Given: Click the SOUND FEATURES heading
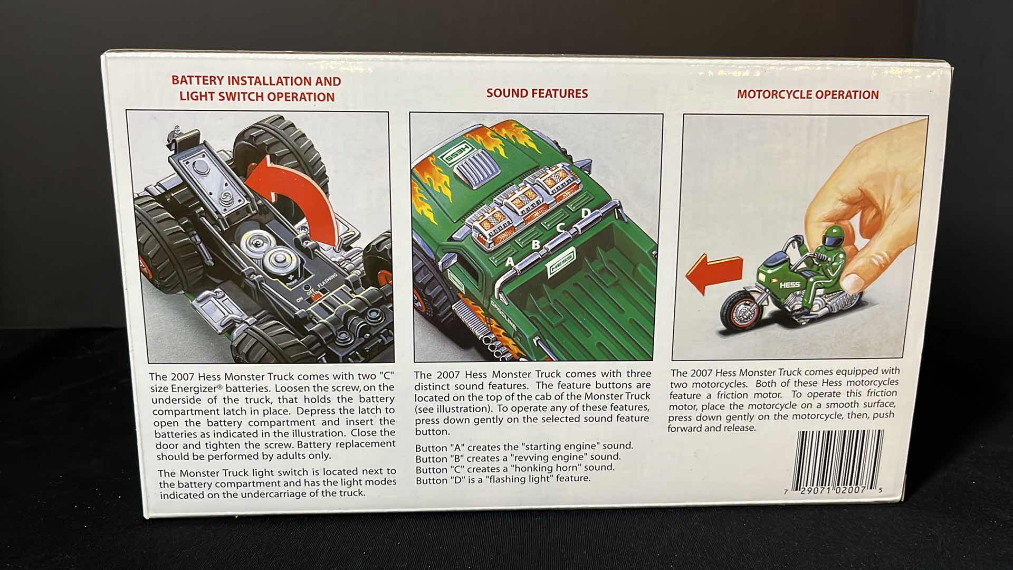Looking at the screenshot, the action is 537,93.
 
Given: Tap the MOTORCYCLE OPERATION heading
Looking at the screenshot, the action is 808,95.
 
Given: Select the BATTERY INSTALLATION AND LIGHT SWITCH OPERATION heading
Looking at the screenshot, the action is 256,89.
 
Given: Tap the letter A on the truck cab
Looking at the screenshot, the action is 510,261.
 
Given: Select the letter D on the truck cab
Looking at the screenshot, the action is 586,213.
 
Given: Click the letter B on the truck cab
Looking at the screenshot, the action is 536,245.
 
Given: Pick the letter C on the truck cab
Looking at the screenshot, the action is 560,228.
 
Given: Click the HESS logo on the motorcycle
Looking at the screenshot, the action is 790,285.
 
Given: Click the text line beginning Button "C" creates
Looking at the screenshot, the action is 514,468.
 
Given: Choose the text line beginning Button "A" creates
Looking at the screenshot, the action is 524,446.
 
